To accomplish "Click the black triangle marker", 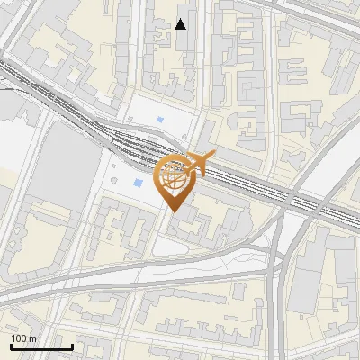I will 181,24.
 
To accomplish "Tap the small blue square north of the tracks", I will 160,120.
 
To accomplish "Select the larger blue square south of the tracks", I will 138,183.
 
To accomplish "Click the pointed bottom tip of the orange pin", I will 175,212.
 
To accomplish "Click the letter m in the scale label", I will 32,338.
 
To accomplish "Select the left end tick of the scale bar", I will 11,346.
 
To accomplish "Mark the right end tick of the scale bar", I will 72,346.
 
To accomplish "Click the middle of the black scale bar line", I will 41,347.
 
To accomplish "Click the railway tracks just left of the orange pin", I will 135,144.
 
